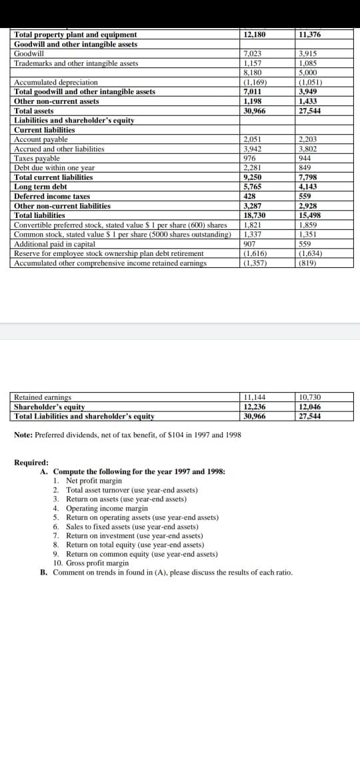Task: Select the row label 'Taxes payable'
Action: (x=33, y=159)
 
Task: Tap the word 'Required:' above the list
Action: (x=31, y=462)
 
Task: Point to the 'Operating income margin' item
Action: (x=107, y=508)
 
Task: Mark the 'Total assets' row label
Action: (x=34, y=111)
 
